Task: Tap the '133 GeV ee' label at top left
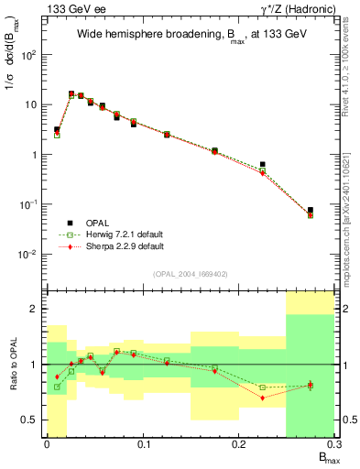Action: [69, 8]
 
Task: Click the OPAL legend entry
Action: [100, 223]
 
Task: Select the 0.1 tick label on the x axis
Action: [143, 446]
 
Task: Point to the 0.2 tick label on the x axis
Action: [239, 446]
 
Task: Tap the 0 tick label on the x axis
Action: [47, 446]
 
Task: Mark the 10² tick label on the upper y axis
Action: [29, 55]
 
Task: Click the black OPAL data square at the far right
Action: [310, 211]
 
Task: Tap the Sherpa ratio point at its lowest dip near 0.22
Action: [262, 398]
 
